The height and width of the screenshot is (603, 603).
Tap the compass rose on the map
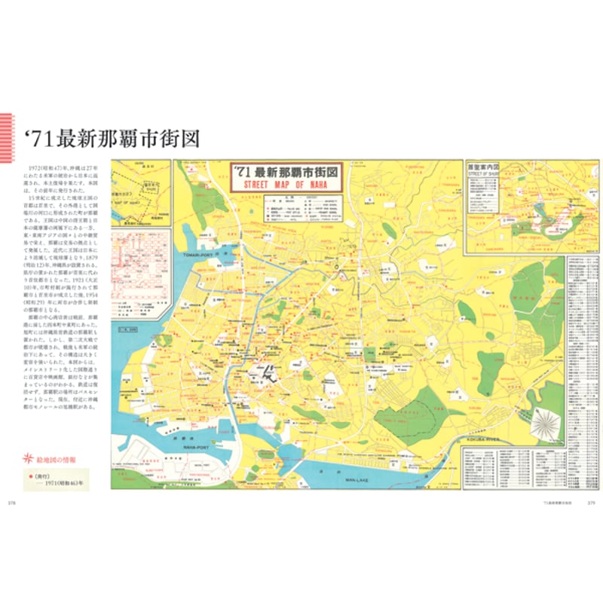[547, 422]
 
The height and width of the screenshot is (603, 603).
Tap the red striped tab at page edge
[7, 136]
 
